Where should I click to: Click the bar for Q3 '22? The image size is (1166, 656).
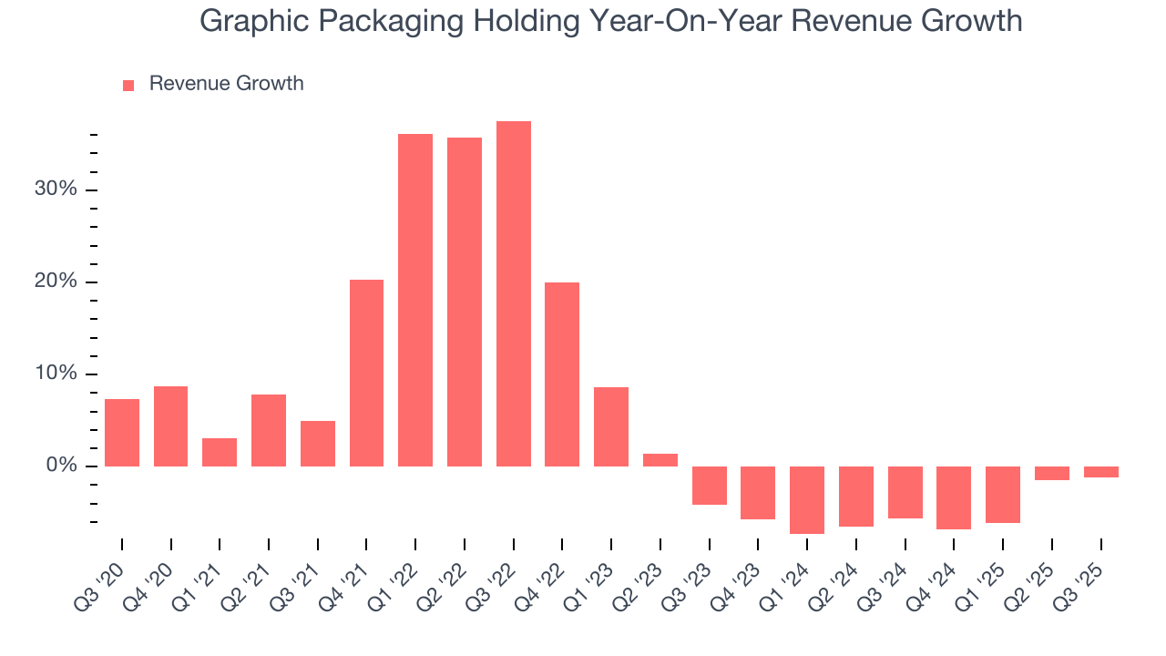click(514, 293)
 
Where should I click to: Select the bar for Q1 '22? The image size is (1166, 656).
click(415, 300)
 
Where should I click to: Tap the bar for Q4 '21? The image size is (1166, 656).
click(366, 373)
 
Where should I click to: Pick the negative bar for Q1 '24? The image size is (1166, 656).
click(807, 499)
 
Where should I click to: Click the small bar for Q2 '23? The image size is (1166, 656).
click(660, 460)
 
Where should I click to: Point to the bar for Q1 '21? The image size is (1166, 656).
click(220, 452)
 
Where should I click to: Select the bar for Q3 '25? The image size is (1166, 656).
click(1101, 472)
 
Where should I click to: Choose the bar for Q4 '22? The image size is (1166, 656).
click(562, 374)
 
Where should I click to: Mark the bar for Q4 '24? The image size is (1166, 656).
click(954, 497)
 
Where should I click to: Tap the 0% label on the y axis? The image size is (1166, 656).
click(64, 466)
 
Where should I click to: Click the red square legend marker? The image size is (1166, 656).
click(128, 85)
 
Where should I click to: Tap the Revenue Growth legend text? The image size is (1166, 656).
click(226, 84)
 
